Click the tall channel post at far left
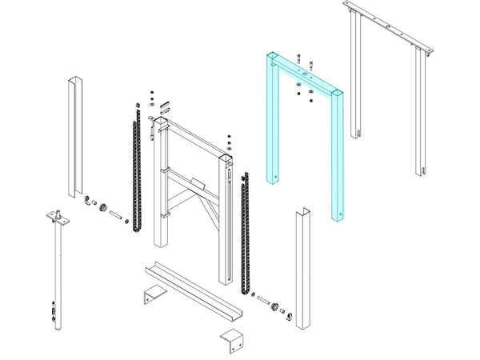[73, 136]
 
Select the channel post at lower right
[304, 272]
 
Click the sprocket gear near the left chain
[103, 209]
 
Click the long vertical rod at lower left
[57, 272]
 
